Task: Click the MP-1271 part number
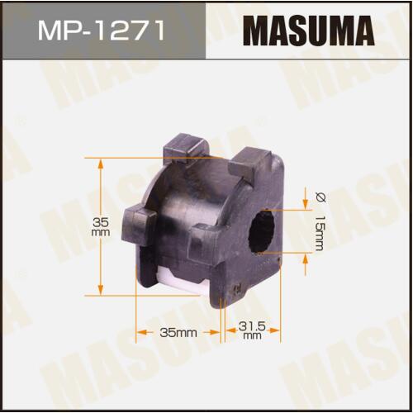[102, 30]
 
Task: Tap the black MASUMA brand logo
[308, 31]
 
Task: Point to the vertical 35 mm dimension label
[101, 226]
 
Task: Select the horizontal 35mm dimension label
[178, 332]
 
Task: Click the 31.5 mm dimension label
[252, 330]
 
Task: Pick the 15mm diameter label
[320, 232]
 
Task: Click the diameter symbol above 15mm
[320, 197]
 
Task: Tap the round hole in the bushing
[262, 230]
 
